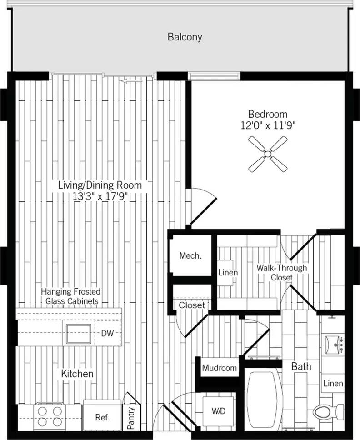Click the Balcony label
[185, 37]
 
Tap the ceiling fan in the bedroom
[268, 154]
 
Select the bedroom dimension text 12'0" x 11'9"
[268, 125]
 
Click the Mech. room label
[190, 255]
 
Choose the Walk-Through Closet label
[282, 272]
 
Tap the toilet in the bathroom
[328, 412]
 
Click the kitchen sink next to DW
[79, 334]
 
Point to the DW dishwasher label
[107, 333]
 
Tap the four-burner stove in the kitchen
[50, 416]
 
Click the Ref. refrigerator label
[102, 418]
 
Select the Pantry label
[131, 418]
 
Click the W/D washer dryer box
[219, 411]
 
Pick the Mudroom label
[219, 368]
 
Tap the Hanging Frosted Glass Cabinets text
[71, 296]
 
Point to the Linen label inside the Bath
[333, 383]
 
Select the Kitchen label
[77, 374]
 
